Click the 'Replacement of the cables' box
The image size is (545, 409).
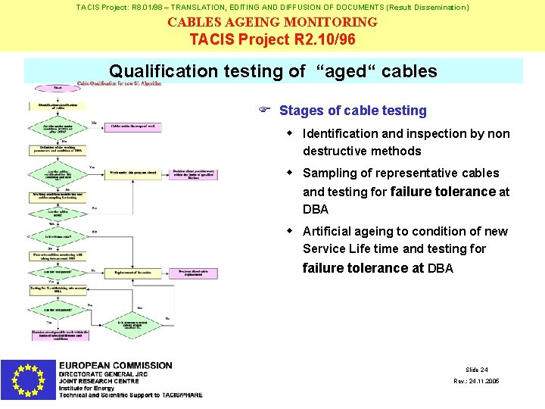[135, 270]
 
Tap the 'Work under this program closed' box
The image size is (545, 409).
[133, 173]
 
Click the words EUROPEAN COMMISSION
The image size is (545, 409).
[116, 366]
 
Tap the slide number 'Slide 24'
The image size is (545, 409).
[477, 370]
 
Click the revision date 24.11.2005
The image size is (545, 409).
[476, 381]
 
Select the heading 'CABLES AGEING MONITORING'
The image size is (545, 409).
[272, 22]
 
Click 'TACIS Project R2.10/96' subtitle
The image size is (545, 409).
[272, 39]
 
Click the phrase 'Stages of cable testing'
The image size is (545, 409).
[353, 111]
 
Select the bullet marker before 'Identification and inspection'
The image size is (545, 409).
[289, 133]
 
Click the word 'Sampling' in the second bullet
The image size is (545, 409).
[328, 173]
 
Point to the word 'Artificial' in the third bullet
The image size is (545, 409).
[328, 231]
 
